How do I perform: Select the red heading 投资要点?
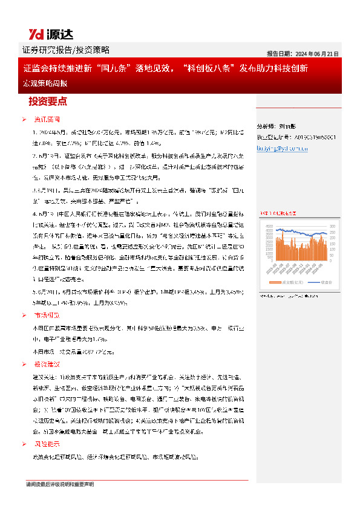pyautogui.click(x=48, y=101)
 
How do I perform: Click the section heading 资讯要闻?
pyautogui.click(x=47, y=120)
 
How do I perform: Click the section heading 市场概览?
pyautogui.click(x=47, y=316)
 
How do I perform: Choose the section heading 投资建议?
pyautogui.click(x=47, y=365)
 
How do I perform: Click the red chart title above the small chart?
pyautogui.click(x=278, y=213)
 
